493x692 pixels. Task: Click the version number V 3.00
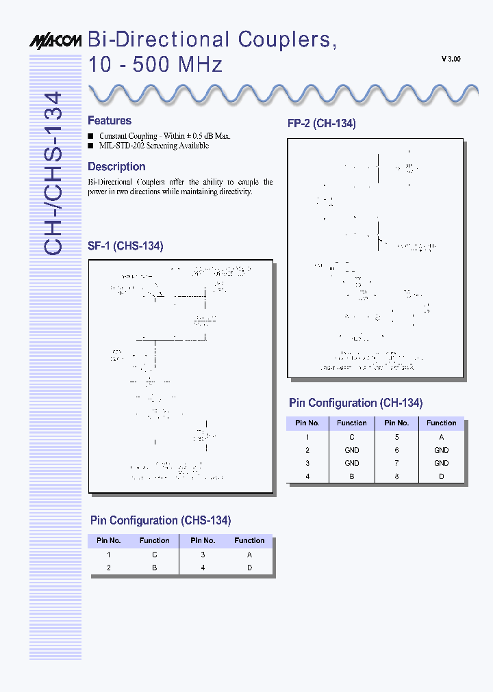[x=451, y=59]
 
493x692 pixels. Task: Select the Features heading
[x=110, y=121]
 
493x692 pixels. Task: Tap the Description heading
[x=116, y=167]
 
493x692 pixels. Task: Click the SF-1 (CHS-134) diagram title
[x=125, y=246]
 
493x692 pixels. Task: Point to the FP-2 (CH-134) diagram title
[x=321, y=124]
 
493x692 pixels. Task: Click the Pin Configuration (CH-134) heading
[x=355, y=403]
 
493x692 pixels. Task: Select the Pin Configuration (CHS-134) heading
[x=160, y=521]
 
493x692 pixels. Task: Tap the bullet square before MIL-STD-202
[x=90, y=146]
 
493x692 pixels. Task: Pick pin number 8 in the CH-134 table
[x=396, y=476]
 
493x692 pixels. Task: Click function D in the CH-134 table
[x=442, y=476]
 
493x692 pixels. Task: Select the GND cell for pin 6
[x=442, y=450]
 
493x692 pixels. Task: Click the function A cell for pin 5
[x=442, y=436]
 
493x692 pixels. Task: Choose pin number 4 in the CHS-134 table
[x=203, y=568]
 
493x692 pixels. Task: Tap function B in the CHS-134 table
[x=155, y=568]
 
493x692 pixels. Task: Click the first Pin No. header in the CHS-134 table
[x=109, y=540]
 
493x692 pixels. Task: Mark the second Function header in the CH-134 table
[x=442, y=423]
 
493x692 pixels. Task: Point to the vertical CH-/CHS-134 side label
[x=54, y=174]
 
